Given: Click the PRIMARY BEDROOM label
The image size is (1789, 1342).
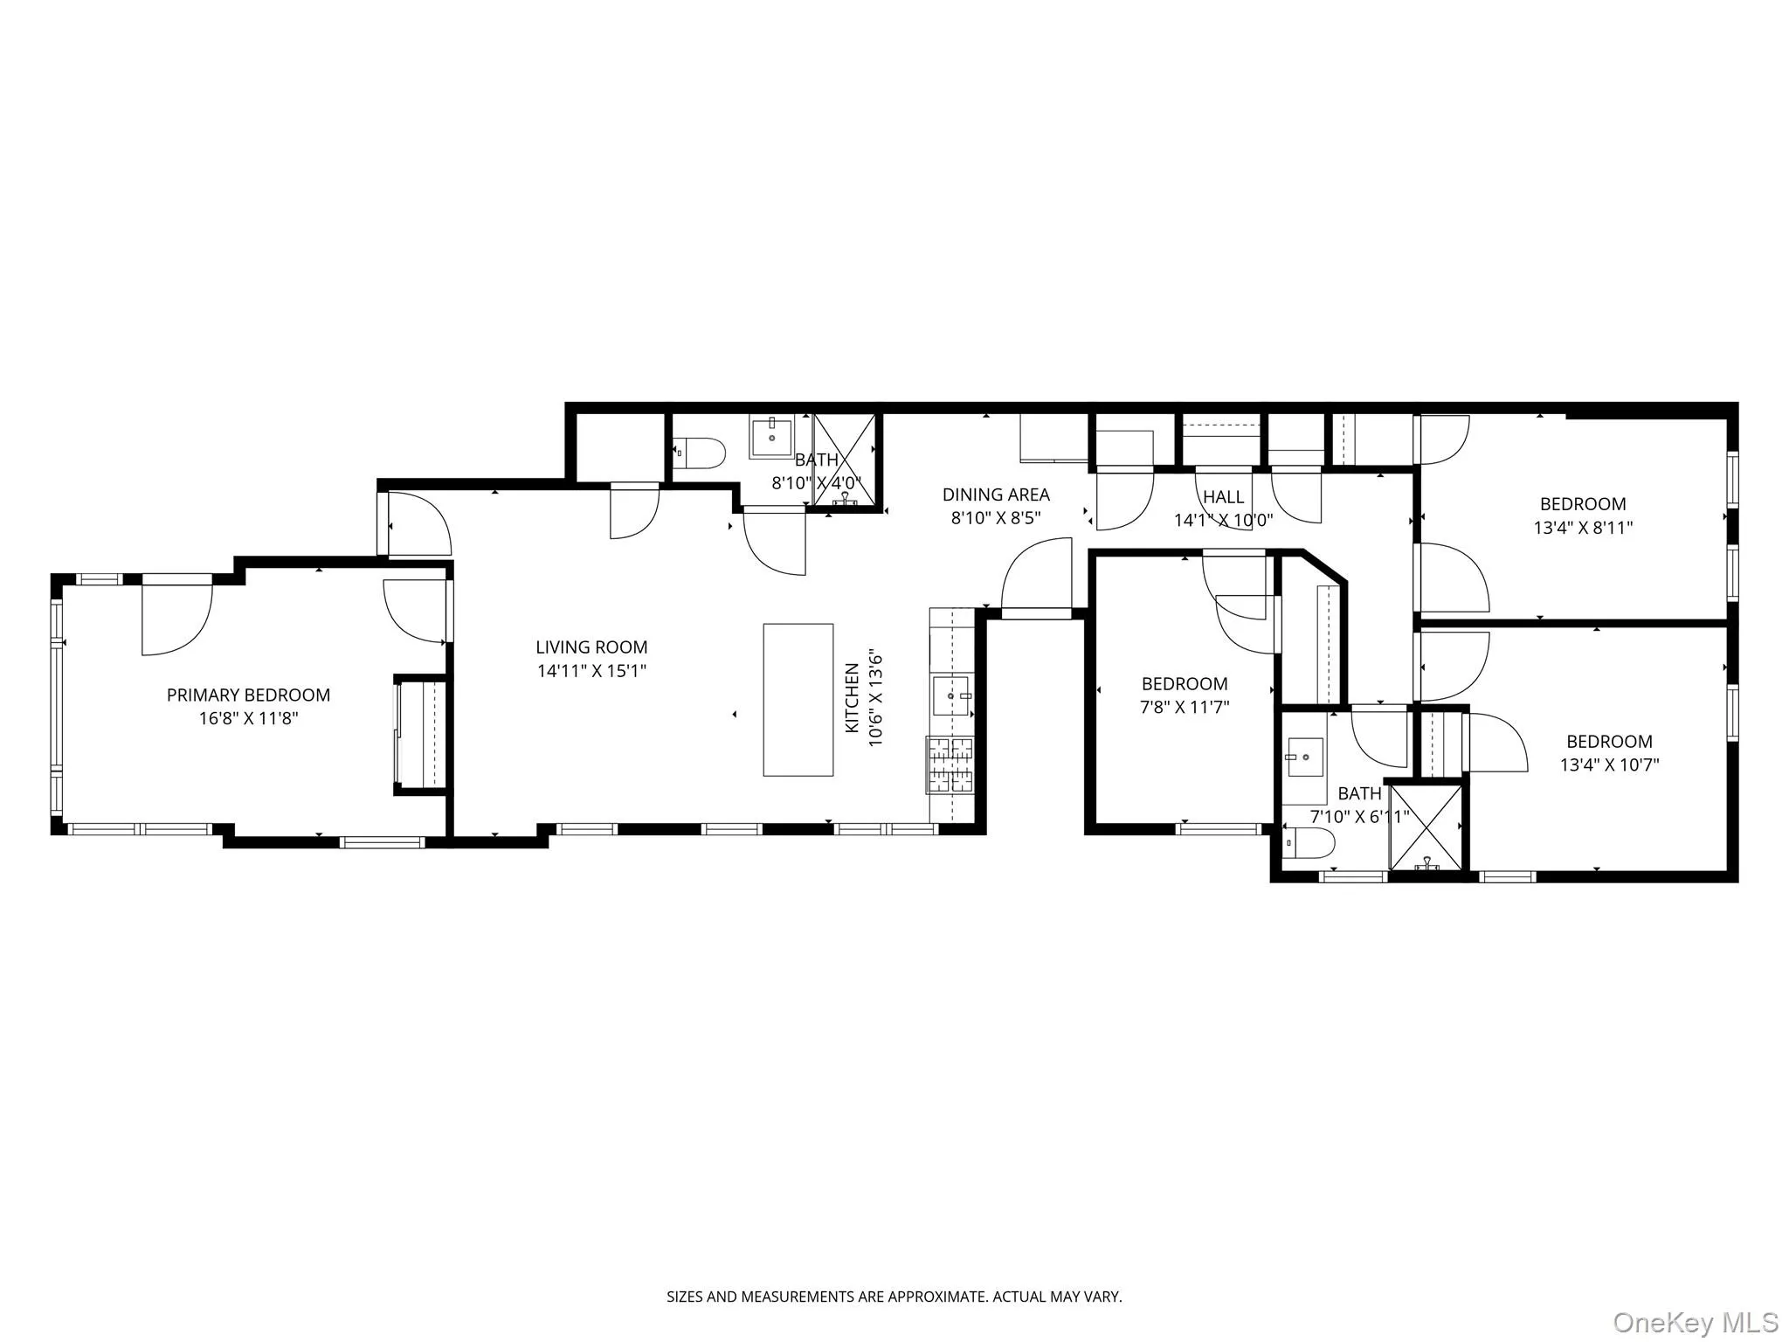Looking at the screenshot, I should [x=248, y=695].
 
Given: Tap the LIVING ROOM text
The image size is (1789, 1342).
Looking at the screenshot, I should [x=591, y=647].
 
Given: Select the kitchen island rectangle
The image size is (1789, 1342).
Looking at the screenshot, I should [x=798, y=700].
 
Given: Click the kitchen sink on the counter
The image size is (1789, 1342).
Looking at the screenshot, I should [x=951, y=695].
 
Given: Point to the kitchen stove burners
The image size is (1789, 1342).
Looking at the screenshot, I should [x=950, y=764].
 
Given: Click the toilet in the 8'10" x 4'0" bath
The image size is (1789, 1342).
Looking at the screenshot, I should [x=702, y=453].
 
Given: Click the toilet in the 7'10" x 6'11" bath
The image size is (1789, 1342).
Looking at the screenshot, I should [x=1310, y=844].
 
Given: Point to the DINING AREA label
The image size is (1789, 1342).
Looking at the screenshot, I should [x=996, y=495].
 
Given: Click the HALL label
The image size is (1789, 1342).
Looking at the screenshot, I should [x=1223, y=497].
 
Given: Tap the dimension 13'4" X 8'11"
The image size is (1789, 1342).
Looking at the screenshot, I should [x=1583, y=528].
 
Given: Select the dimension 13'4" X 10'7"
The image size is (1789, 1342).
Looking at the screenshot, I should [x=1609, y=765].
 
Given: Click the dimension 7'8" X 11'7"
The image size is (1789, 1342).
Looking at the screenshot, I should [x=1185, y=708].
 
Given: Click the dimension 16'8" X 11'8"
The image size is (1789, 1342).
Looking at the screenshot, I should [x=248, y=719].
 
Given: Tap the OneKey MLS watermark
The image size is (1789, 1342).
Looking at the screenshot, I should [x=1696, y=1322].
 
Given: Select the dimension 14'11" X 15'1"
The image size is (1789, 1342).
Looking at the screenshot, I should [x=591, y=671].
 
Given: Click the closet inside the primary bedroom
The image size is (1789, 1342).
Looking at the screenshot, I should [x=422, y=735].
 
